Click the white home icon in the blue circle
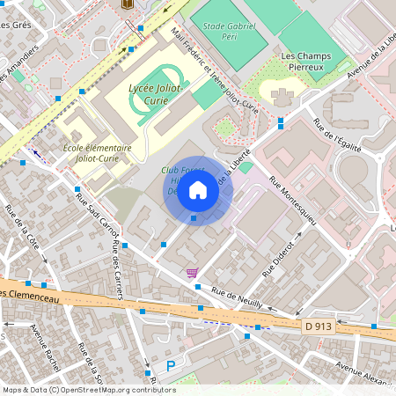tap(198, 190)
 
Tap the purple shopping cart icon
tap(192, 274)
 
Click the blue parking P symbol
tap(172, 365)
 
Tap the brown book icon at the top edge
tap(128, 4)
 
